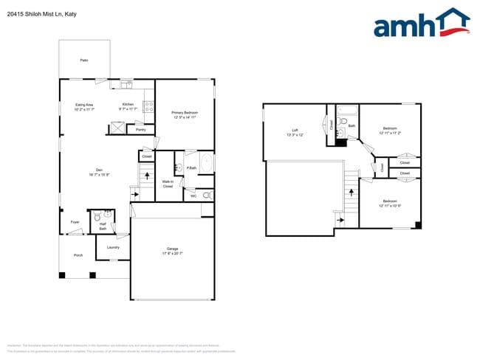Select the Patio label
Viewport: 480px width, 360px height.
click(x=84, y=60)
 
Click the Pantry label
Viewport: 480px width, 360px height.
click(x=140, y=129)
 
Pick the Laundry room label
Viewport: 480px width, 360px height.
click(x=113, y=247)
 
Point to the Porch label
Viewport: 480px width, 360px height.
click(x=78, y=255)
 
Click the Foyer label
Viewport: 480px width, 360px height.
click(x=75, y=221)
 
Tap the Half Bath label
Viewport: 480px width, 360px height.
click(x=103, y=226)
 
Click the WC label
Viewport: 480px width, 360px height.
click(x=193, y=195)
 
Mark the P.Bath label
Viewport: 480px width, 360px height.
click(x=191, y=167)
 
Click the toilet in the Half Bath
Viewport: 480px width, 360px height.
click(x=97, y=217)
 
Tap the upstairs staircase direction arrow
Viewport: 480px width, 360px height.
click(x=340, y=219)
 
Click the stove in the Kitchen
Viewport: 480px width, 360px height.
click(x=148, y=108)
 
